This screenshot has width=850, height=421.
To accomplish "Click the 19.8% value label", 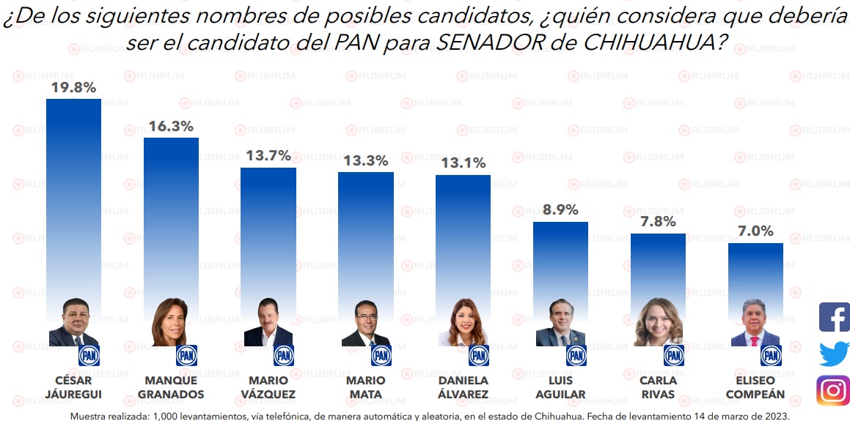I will click(x=73, y=88).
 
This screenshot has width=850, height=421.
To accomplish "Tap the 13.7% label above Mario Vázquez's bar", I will click(x=268, y=156).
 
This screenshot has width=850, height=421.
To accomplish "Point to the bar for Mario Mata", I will click(x=365, y=234).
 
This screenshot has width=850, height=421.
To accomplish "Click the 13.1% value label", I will click(x=463, y=163).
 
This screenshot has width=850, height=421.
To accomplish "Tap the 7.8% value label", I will click(x=658, y=222).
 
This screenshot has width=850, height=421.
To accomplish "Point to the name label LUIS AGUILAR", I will click(x=560, y=387).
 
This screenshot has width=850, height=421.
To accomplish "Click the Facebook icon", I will click(x=834, y=317).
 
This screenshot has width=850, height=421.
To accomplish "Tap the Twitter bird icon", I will click(x=834, y=354).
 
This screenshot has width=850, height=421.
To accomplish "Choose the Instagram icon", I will click(x=833, y=390).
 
